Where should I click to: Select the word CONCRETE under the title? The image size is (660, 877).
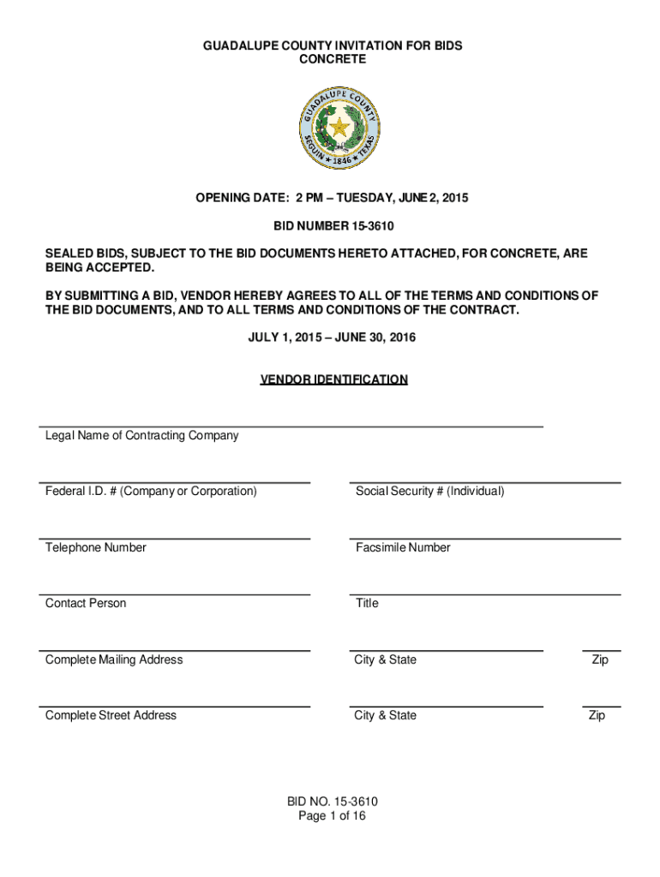pyautogui.click(x=333, y=59)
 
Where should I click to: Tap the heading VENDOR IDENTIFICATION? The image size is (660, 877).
pyautogui.click(x=333, y=379)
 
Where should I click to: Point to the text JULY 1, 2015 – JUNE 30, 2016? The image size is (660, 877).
pyautogui.click(x=332, y=337)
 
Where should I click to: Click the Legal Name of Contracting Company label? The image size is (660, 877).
pyautogui.click(x=141, y=435)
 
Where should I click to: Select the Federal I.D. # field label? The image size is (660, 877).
pyautogui.click(x=151, y=491)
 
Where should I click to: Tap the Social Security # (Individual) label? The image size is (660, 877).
pyautogui.click(x=429, y=491)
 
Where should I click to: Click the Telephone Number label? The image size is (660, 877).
pyautogui.click(x=95, y=547)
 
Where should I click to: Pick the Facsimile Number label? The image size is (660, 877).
pyautogui.click(x=403, y=547)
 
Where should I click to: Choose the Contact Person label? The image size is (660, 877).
pyautogui.click(x=86, y=603)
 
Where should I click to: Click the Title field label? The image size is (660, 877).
pyautogui.click(x=367, y=603)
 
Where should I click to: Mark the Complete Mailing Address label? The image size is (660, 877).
pyautogui.click(x=114, y=659)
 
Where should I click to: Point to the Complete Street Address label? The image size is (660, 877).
pyautogui.click(x=111, y=715)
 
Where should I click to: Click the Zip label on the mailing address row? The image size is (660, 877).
pyautogui.click(x=600, y=659)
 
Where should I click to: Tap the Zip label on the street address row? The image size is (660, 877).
pyautogui.click(x=597, y=715)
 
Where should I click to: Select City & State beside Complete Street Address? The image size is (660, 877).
pyautogui.click(x=386, y=715)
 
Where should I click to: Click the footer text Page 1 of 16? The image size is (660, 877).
pyautogui.click(x=332, y=816)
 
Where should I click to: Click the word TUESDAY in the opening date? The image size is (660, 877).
pyautogui.click(x=368, y=198)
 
